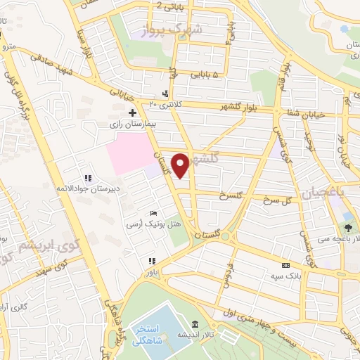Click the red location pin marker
tap(181, 165)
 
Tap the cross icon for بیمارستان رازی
tap(132, 112)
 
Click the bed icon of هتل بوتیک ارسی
tap(154, 214)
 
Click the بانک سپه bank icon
tap(285, 265)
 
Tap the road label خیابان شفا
tap(304, 112)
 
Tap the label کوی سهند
tap(70, 265)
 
